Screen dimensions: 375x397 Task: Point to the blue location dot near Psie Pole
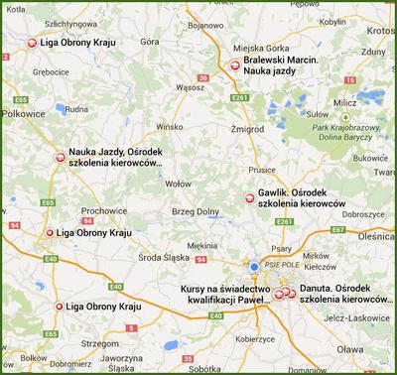coord(254,266)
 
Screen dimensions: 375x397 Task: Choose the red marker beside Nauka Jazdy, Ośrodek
coord(59,155)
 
